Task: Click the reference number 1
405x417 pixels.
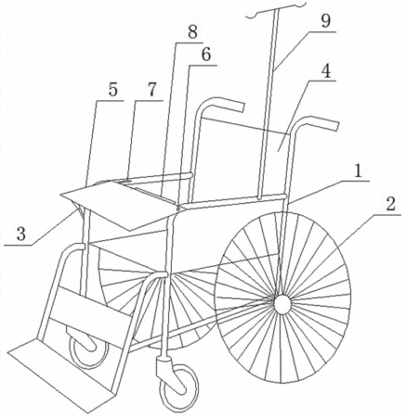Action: click(359, 171)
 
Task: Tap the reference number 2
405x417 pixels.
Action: click(391, 204)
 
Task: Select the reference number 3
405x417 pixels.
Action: click(21, 234)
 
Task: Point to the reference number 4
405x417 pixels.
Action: click(326, 71)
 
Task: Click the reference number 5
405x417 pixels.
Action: click(113, 90)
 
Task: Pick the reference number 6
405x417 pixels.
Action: click(206, 55)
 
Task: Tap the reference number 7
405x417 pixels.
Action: click(151, 90)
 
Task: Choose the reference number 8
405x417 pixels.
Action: click(192, 32)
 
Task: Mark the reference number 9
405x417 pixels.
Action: click(326, 21)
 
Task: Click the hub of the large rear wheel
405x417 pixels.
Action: click(282, 304)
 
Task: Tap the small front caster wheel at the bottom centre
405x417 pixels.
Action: click(178, 388)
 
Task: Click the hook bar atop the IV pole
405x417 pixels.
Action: click(276, 8)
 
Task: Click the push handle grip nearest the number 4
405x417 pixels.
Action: click(321, 123)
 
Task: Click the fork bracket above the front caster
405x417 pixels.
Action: click(164, 368)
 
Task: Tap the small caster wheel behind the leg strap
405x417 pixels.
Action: click(89, 350)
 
